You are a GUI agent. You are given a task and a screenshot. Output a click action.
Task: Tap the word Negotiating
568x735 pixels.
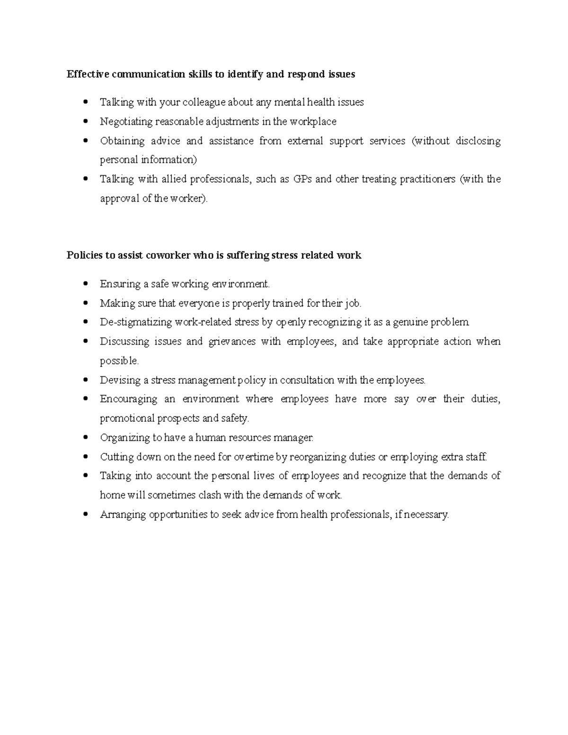pos(126,122)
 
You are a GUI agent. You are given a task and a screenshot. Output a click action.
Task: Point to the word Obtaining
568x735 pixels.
pos(122,141)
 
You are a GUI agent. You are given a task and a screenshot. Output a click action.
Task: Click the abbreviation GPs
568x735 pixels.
pos(302,179)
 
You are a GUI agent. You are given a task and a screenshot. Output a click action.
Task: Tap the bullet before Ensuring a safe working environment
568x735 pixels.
pos(85,283)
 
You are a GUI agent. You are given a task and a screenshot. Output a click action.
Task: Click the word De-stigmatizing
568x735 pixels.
pos(136,322)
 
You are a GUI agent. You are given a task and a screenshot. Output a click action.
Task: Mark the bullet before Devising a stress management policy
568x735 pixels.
pos(85,380)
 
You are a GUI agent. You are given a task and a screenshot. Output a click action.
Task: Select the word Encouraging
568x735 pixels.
pos(128,399)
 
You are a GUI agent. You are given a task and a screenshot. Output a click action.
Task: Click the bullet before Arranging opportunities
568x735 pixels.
pos(85,514)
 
